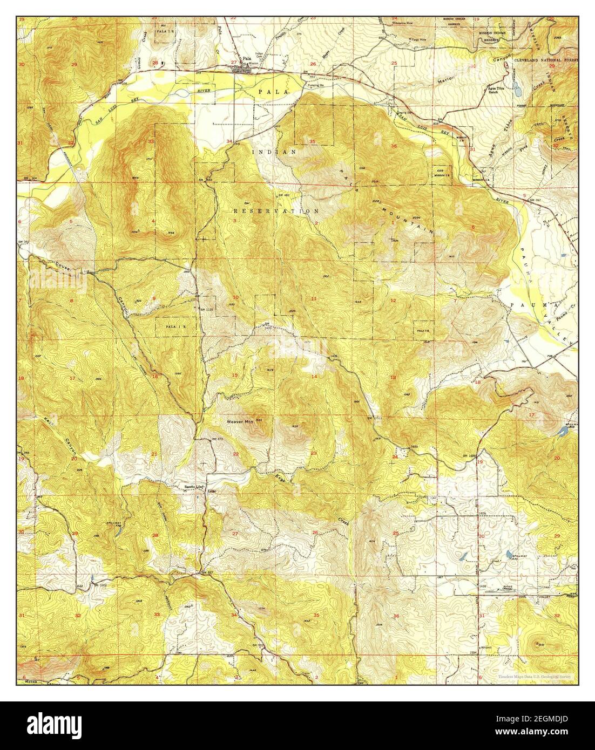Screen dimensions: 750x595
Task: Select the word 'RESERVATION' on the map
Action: click(x=276, y=211)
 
